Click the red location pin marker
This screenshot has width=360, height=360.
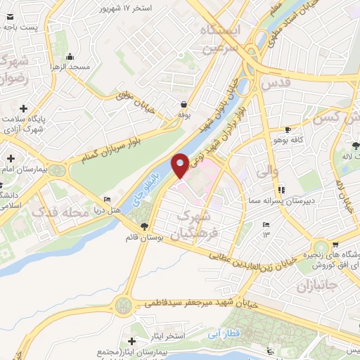[x=181, y=165]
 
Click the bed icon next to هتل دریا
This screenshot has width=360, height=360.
[x=107, y=200]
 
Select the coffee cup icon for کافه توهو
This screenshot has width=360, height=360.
[x=288, y=130]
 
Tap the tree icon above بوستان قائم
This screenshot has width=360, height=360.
[x=144, y=226]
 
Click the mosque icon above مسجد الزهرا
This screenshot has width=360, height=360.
[x=69, y=57]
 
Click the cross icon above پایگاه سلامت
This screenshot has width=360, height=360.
[x=24, y=108]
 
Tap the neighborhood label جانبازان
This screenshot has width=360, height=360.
[x=313, y=287]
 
